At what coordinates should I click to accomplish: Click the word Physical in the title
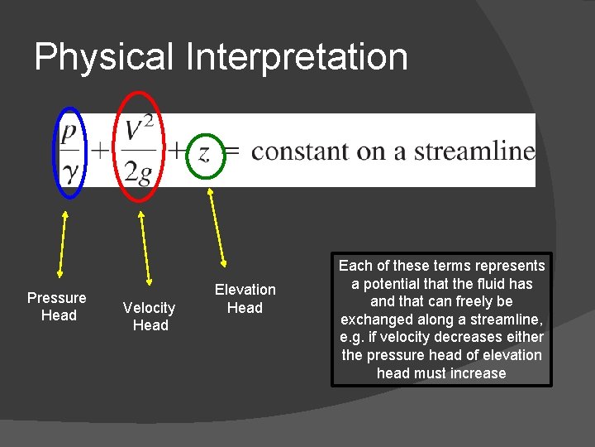pos(105,58)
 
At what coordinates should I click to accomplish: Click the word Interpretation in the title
pos(297,58)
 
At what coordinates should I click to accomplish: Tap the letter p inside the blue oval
pos(69,132)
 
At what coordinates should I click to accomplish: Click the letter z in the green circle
pos(202,152)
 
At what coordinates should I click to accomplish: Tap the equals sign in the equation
pos(233,151)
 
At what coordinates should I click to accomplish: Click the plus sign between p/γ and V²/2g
pos(99,151)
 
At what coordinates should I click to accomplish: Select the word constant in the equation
pos(300,151)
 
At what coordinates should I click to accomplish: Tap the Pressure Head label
pos(57,306)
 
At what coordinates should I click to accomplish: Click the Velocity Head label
pos(150,316)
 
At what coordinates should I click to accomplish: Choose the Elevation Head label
pos(245,298)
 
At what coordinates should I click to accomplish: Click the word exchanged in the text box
pos(378,320)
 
